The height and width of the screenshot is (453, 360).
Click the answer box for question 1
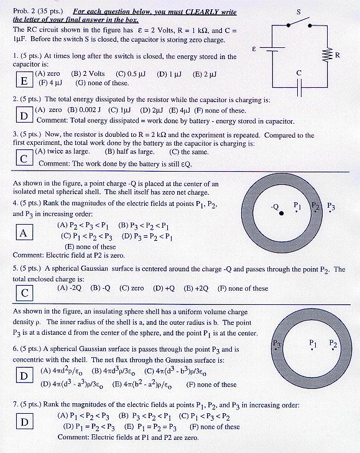(x=24, y=80)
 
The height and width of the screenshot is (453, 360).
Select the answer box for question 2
(x=24, y=116)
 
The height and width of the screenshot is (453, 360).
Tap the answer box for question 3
(x=24, y=158)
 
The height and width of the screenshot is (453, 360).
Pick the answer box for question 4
(x=24, y=233)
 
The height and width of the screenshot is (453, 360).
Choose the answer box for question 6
(x=24, y=376)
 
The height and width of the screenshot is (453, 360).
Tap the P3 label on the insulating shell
(x=277, y=343)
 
